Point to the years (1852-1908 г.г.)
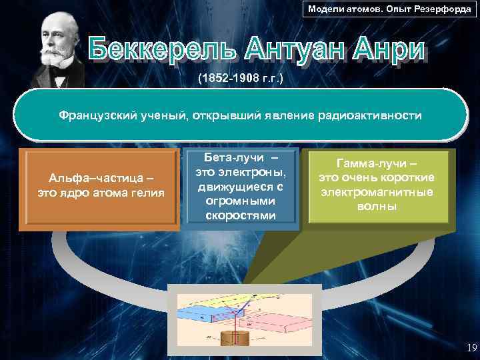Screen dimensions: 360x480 [241, 79]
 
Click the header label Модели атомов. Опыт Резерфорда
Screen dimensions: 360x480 [388, 9]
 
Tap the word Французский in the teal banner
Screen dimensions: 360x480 [99, 116]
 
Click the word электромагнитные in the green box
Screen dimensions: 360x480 [377, 192]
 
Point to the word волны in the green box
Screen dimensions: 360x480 [377, 206]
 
